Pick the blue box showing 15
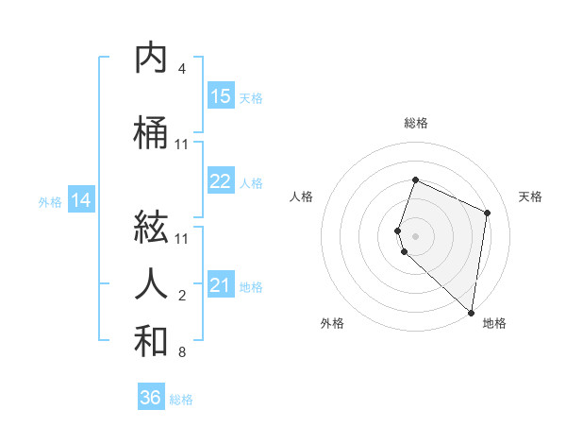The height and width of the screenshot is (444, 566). pos(221,96)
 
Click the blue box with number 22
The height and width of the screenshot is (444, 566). pos(221,182)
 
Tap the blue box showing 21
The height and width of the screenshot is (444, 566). pos(221,285)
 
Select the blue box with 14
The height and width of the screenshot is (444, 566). pos(81,200)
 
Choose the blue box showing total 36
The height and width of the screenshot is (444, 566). pos(151,398)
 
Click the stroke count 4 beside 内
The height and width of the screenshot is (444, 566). pos(182,69)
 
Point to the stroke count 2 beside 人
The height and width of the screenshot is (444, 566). pos(182,296)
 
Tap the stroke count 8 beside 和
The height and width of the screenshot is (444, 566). pos(182,353)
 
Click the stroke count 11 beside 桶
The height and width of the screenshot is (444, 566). pos(182,145)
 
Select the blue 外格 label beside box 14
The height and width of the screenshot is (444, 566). pos(50,201)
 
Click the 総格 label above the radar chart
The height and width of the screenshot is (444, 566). pos(416,123)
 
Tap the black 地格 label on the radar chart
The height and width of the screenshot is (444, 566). pos(494,323)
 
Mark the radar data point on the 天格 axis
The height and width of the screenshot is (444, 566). pos(488,213)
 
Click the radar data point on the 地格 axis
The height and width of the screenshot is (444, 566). pos(472,312)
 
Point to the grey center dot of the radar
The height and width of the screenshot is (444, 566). pos(416,235)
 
